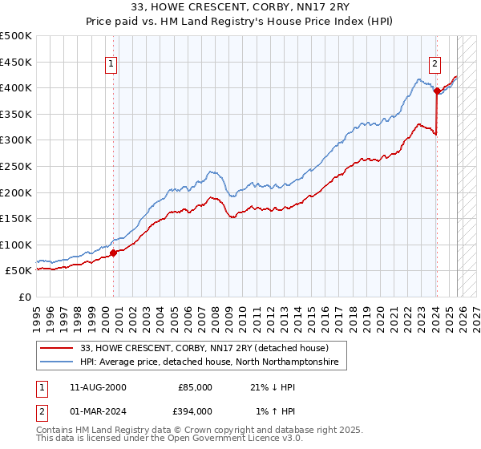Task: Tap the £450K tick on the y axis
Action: click(x=16, y=62)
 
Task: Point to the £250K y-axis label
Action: click(x=16, y=166)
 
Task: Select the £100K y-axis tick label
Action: click(x=16, y=245)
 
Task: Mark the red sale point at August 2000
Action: click(x=113, y=253)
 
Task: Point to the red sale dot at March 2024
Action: click(x=437, y=91)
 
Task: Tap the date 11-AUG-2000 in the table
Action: click(x=98, y=387)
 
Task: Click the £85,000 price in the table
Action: click(x=195, y=387)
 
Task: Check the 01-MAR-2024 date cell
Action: click(x=98, y=411)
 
